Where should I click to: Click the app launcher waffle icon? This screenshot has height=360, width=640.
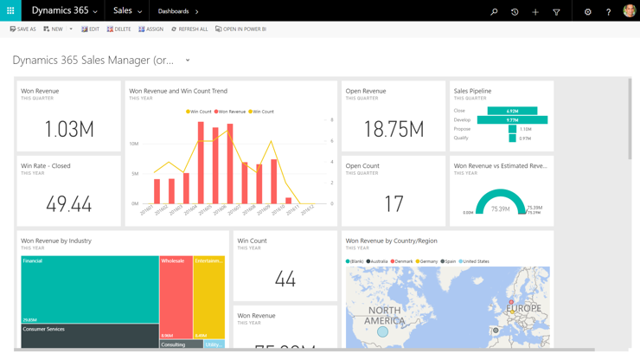point(10,11)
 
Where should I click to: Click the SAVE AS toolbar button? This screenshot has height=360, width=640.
point(23,29)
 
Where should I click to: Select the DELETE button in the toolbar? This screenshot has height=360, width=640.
point(119,29)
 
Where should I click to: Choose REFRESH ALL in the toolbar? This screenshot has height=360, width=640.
point(189,29)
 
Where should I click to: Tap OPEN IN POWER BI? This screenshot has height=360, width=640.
point(240,29)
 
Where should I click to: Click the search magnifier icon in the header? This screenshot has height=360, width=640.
point(494,12)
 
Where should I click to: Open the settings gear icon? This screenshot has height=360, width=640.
point(587,12)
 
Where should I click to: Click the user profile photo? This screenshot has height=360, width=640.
point(629,11)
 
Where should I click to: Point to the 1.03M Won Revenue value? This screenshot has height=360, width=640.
point(68,129)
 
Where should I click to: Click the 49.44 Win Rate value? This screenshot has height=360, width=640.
point(68,204)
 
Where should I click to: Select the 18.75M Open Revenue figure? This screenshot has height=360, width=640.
point(394,129)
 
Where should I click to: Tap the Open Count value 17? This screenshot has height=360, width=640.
point(394,204)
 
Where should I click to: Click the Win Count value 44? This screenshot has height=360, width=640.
point(285,279)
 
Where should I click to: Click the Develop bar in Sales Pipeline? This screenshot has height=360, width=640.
point(512,120)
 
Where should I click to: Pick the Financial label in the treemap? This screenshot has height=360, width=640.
point(33,260)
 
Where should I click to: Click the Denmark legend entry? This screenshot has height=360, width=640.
point(402,261)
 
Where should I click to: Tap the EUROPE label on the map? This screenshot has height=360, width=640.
point(523,308)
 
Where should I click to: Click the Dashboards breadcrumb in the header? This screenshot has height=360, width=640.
point(174,11)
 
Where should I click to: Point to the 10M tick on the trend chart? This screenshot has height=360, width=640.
point(134,144)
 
